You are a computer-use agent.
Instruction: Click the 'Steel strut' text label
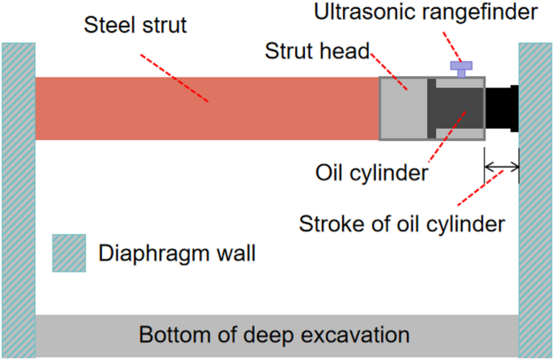coord(135,25)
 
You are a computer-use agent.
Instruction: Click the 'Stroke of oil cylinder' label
coord(402,222)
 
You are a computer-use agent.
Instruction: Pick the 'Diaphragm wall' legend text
coord(177,253)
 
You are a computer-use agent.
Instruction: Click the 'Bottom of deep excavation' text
coord(274,334)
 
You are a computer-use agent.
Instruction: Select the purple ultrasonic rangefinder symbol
coord(461,70)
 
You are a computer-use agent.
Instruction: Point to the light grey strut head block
coord(403,108)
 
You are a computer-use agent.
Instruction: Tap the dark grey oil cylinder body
coord(458,108)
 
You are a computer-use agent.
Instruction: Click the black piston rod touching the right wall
coord(501,108)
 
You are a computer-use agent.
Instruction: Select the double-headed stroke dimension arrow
coord(501,168)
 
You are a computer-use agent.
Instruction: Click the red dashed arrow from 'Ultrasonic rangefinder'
coord(455,46)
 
